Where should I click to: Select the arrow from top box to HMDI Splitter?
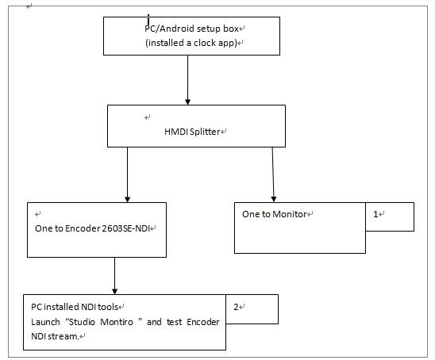pyautogui.click(x=187, y=80)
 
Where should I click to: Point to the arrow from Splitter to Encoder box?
pyautogui.click(x=127, y=174)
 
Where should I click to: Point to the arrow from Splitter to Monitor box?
pyautogui.click(x=273, y=174)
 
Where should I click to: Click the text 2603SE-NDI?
pyautogui.click(x=125, y=228)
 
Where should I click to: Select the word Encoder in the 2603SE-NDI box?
pyautogui.click(x=83, y=228)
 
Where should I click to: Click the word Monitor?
pyautogui.click(x=290, y=214)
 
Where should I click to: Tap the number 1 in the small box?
pyautogui.click(x=375, y=214)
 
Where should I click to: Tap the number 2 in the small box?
pyautogui.click(x=236, y=307)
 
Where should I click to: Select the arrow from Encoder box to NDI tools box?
pyautogui.click(x=114, y=276)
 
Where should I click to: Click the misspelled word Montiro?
pyautogui.click(x=117, y=322)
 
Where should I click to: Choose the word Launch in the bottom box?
pyautogui.click(x=45, y=322)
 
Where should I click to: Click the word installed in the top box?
pyautogui.click(x=166, y=43)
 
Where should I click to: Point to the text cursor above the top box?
pyautogui.click(x=148, y=21)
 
